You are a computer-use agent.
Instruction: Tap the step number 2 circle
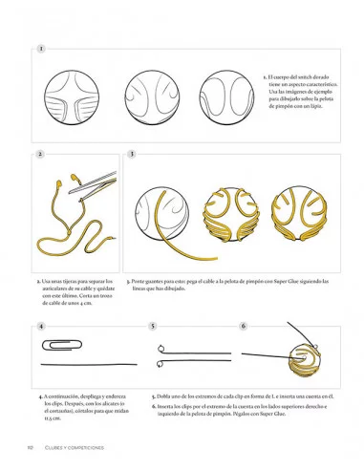click(40, 154)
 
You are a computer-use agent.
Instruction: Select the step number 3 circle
click(131, 154)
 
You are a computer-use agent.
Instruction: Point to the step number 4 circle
click(41, 326)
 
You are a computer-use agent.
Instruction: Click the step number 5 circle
click(153, 326)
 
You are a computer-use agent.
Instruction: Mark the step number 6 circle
click(244, 326)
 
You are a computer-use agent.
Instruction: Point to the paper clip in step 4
click(57, 343)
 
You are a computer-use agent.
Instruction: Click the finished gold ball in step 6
click(298, 359)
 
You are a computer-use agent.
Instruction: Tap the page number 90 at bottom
click(32, 447)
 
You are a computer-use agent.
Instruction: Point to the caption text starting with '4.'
click(82, 405)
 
